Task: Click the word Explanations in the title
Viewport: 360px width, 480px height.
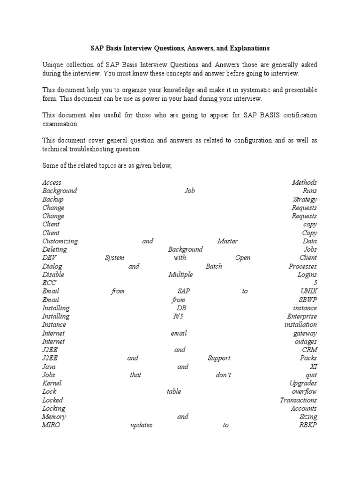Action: click(248, 48)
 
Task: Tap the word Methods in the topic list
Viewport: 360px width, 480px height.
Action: click(304, 182)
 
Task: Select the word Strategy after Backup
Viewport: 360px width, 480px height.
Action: click(305, 199)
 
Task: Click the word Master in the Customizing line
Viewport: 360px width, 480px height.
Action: click(228, 241)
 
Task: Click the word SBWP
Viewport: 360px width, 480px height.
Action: click(307, 300)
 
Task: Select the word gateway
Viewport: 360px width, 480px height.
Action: click(305, 333)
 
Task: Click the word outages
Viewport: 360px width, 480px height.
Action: click(306, 342)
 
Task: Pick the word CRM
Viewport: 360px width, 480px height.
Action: click(309, 350)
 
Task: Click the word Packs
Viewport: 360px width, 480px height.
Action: click(308, 358)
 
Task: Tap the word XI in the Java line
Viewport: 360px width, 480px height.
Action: click(314, 367)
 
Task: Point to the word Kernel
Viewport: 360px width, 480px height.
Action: click(52, 383)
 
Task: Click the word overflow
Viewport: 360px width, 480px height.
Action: click(304, 391)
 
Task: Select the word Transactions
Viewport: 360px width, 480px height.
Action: click(298, 400)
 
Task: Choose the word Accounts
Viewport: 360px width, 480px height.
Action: click(304, 408)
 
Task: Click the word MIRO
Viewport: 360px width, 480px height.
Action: click(51, 425)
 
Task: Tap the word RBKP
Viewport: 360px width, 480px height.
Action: click(307, 425)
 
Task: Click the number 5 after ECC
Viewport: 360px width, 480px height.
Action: click(315, 283)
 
